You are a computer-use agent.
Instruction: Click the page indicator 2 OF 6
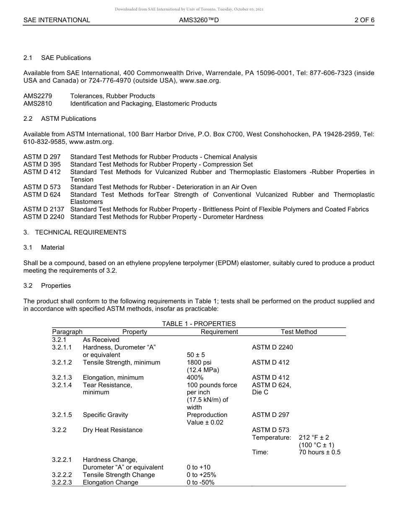364,20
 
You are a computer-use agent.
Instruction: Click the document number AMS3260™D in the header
199,20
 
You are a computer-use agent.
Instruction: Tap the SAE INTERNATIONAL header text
57,20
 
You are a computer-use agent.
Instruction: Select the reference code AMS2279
38,96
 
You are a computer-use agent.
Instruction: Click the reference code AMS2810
38,104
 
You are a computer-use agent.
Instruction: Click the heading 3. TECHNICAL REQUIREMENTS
75,232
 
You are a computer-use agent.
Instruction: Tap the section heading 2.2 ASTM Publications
60,119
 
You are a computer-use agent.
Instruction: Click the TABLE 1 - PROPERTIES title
199,324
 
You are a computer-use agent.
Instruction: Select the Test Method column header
299,332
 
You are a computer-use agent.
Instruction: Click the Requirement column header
219,332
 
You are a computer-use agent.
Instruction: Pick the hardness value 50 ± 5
196,355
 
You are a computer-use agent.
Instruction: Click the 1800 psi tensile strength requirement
199,362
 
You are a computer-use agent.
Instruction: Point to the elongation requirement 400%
195,378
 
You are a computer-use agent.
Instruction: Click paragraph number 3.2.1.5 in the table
62,415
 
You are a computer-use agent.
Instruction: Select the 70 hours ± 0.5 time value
320,452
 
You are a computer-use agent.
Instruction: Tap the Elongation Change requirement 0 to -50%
201,482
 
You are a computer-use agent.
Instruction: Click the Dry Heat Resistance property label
113,430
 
